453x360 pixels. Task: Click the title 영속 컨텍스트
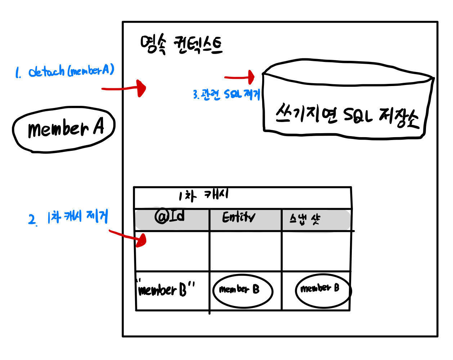tap(181, 45)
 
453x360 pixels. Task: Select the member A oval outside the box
tap(64, 129)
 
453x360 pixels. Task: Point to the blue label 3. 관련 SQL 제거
tap(226, 94)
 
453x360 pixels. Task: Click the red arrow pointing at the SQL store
tap(240, 77)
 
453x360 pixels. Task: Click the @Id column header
tap(170, 217)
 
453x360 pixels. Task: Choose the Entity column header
tap(238, 217)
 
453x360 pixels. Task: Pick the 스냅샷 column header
tap(305, 219)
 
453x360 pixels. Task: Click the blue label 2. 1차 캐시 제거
tap(68, 217)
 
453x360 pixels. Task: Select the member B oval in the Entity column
tap(242, 291)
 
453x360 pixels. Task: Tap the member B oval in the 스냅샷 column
tap(323, 290)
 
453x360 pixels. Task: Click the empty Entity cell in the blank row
tap(245, 251)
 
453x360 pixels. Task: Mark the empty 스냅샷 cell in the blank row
tap(316, 251)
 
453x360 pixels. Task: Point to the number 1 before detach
tap(17, 73)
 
